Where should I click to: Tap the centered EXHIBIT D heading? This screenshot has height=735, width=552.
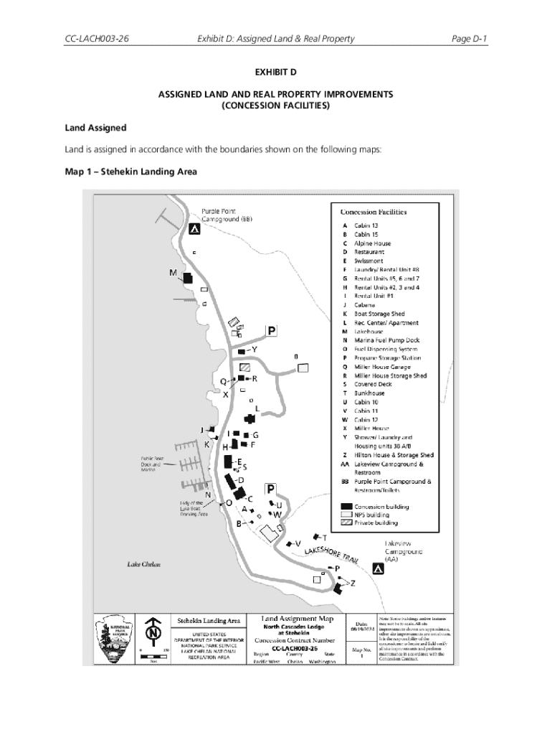(276, 73)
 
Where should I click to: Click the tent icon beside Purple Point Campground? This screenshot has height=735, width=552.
(194, 229)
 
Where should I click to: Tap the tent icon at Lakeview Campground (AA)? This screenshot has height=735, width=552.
(378, 569)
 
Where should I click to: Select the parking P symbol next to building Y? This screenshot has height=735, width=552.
(272, 331)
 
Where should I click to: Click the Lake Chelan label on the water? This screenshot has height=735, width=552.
(143, 564)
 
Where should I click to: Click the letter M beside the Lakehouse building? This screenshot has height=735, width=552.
(173, 273)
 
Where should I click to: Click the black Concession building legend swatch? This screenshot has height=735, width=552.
(347, 507)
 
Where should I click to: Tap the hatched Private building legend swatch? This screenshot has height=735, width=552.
(347, 523)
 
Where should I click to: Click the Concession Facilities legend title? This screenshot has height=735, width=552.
(373, 212)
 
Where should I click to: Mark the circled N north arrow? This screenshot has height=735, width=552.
(152, 634)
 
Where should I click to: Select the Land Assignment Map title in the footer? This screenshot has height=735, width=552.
(298, 617)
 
